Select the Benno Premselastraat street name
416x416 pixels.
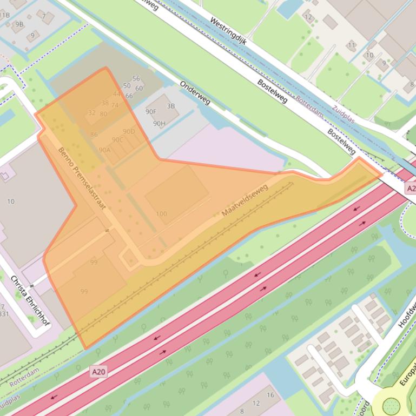tap(81, 178)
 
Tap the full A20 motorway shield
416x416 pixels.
tap(98, 372)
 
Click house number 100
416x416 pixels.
tap(161, 214)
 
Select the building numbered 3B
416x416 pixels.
tap(171, 106)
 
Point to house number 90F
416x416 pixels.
tap(151, 112)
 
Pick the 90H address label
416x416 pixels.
tap(159, 123)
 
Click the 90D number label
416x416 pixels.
tap(129, 131)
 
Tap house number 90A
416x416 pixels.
tap(104, 150)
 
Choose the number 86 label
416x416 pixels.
tap(94, 135)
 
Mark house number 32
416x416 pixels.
tap(91, 113)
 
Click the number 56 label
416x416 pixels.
tap(136, 79)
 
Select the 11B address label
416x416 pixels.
tap(4, 15)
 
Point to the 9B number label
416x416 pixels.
tap(19, 24)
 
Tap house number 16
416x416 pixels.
tap(270, 395)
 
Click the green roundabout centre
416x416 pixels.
tap(391, 405)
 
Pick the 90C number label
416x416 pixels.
tap(117, 140)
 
